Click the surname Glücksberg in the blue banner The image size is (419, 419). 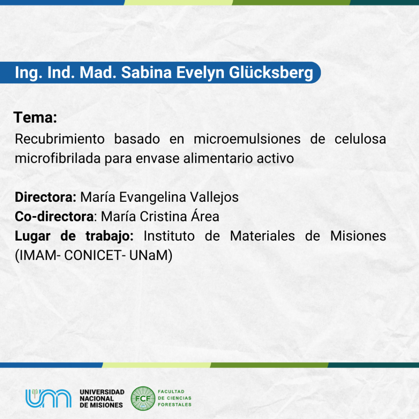pyautogui.click(x=271, y=73)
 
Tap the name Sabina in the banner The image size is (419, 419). pyautogui.click(x=146, y=72)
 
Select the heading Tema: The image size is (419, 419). pyautogui.click(x=35, y=117)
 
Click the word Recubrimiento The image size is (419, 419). pyautogui.click(x=60, y=139)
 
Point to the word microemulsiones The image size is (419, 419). pyautogui.click(x=247, y=139)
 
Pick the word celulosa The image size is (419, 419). pyautogui.click(x=360, y=139)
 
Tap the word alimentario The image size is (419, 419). pyautogui.click(x=218, y=158)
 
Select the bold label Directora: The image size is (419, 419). pyautogui.click(x=46, y=197)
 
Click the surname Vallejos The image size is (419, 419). pyautogui.click(x=214, y=198)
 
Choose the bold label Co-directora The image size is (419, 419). pyautogui.click(x=54, y=216)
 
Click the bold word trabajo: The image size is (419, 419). pyautogui.click(x=109, y=236)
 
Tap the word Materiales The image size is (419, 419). pyautogui.click(x=262, y=236)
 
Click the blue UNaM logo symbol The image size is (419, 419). pyautogui.click(x=48, y=398)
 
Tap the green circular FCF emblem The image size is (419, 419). pyautogui.click(x=143, y=399)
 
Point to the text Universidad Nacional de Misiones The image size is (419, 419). pyautogui.click(x=102, y=399)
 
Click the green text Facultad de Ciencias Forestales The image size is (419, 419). pyautogui.click(x=174, y=398)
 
